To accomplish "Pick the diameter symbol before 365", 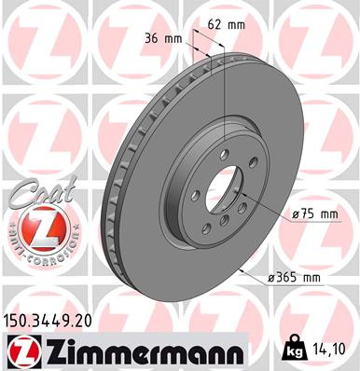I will pos(269,276).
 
